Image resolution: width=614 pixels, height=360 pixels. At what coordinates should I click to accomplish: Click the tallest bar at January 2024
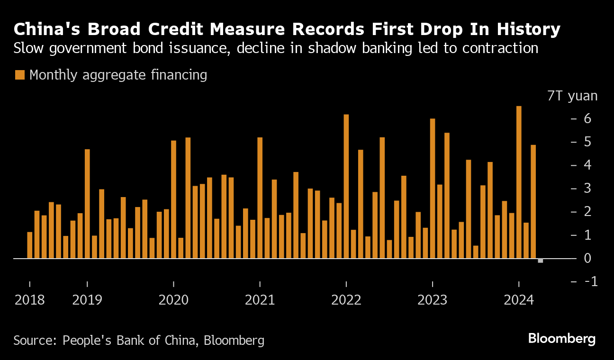[x=519, y=182]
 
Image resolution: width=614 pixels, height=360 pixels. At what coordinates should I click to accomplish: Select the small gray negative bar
[x=540, y=261]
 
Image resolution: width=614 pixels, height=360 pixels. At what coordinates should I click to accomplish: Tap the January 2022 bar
[x=346, y=187]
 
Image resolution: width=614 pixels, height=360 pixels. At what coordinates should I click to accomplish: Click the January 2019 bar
[x=87, y=204]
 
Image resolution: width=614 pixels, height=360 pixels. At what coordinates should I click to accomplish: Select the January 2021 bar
[x=260, y=198]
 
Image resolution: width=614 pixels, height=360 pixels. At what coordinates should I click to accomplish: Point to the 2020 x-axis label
[x=173, y=300]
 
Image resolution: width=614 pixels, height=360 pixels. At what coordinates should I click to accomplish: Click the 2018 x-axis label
[x=29, y=300]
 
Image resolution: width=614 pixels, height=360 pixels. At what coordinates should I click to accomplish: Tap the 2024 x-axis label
[x=519, y=300]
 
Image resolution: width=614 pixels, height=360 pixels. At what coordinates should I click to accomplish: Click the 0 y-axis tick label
[x=588, y=259]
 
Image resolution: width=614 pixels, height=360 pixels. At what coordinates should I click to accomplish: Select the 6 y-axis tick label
[x=588, y=118]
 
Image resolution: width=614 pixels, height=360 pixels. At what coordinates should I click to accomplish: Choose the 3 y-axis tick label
[x=588, y=189]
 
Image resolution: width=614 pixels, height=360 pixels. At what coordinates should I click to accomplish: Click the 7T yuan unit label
[x=572, y=96]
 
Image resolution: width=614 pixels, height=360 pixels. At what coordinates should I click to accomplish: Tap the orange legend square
[x=19, y=75]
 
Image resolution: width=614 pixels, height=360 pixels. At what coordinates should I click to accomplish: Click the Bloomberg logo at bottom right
[x=562, y=339]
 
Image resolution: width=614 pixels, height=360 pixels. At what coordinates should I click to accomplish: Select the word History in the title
[x=529, y=29]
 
